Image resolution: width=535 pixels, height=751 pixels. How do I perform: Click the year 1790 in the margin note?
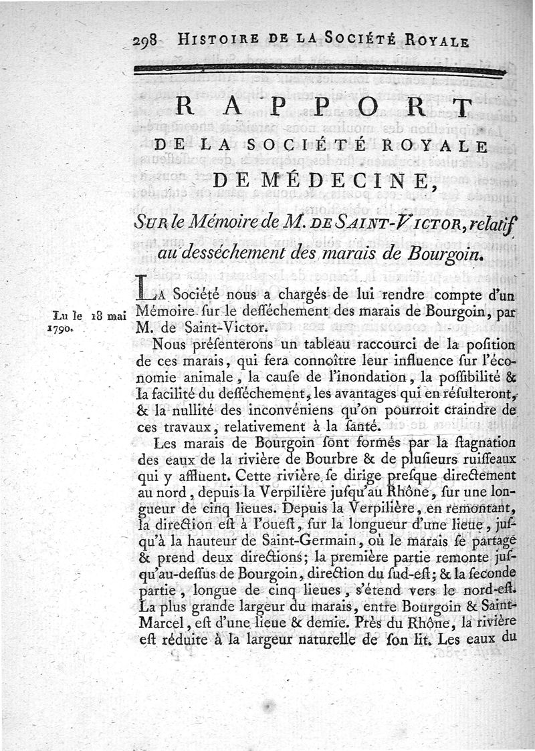point(60,329)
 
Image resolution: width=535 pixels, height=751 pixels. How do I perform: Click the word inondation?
point(342,377)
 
